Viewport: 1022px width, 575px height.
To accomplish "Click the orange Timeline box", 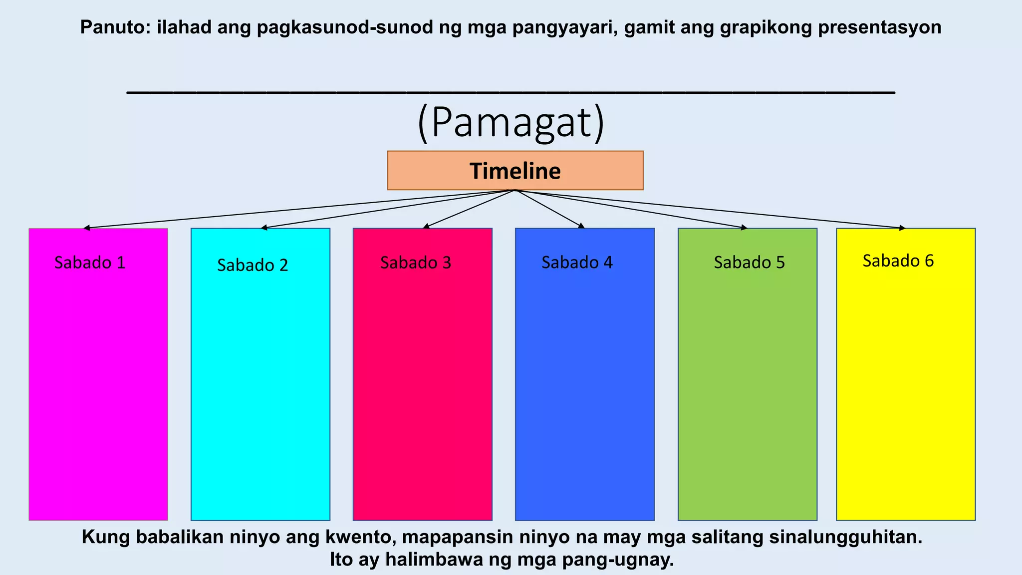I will (515, 171).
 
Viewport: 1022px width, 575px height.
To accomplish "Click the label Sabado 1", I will (90, 263).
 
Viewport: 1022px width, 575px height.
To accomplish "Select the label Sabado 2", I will (253, 265).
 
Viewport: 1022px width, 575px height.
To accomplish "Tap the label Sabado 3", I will (416, 263).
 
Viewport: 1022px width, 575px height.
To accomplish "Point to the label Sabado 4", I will (577, 263).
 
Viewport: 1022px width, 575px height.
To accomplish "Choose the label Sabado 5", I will (749, 263).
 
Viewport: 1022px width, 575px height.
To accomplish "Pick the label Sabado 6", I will (898, 261).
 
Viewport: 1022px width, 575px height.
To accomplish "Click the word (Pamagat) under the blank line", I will (511, 123).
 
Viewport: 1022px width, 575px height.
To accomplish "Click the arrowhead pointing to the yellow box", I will (903, 228).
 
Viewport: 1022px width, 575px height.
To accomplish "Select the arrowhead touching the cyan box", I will (263, 228).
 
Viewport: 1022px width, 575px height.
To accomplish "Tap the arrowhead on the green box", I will (745, 228).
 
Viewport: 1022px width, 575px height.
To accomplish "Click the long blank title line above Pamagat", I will (511, 91).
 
